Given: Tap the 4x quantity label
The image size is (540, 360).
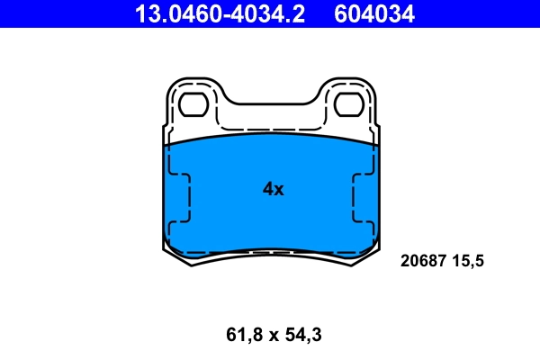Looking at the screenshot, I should pos(272,189).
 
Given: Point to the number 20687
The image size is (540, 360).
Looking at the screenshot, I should pos(420,262).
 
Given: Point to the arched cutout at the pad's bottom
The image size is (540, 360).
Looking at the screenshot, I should pos(271,254).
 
